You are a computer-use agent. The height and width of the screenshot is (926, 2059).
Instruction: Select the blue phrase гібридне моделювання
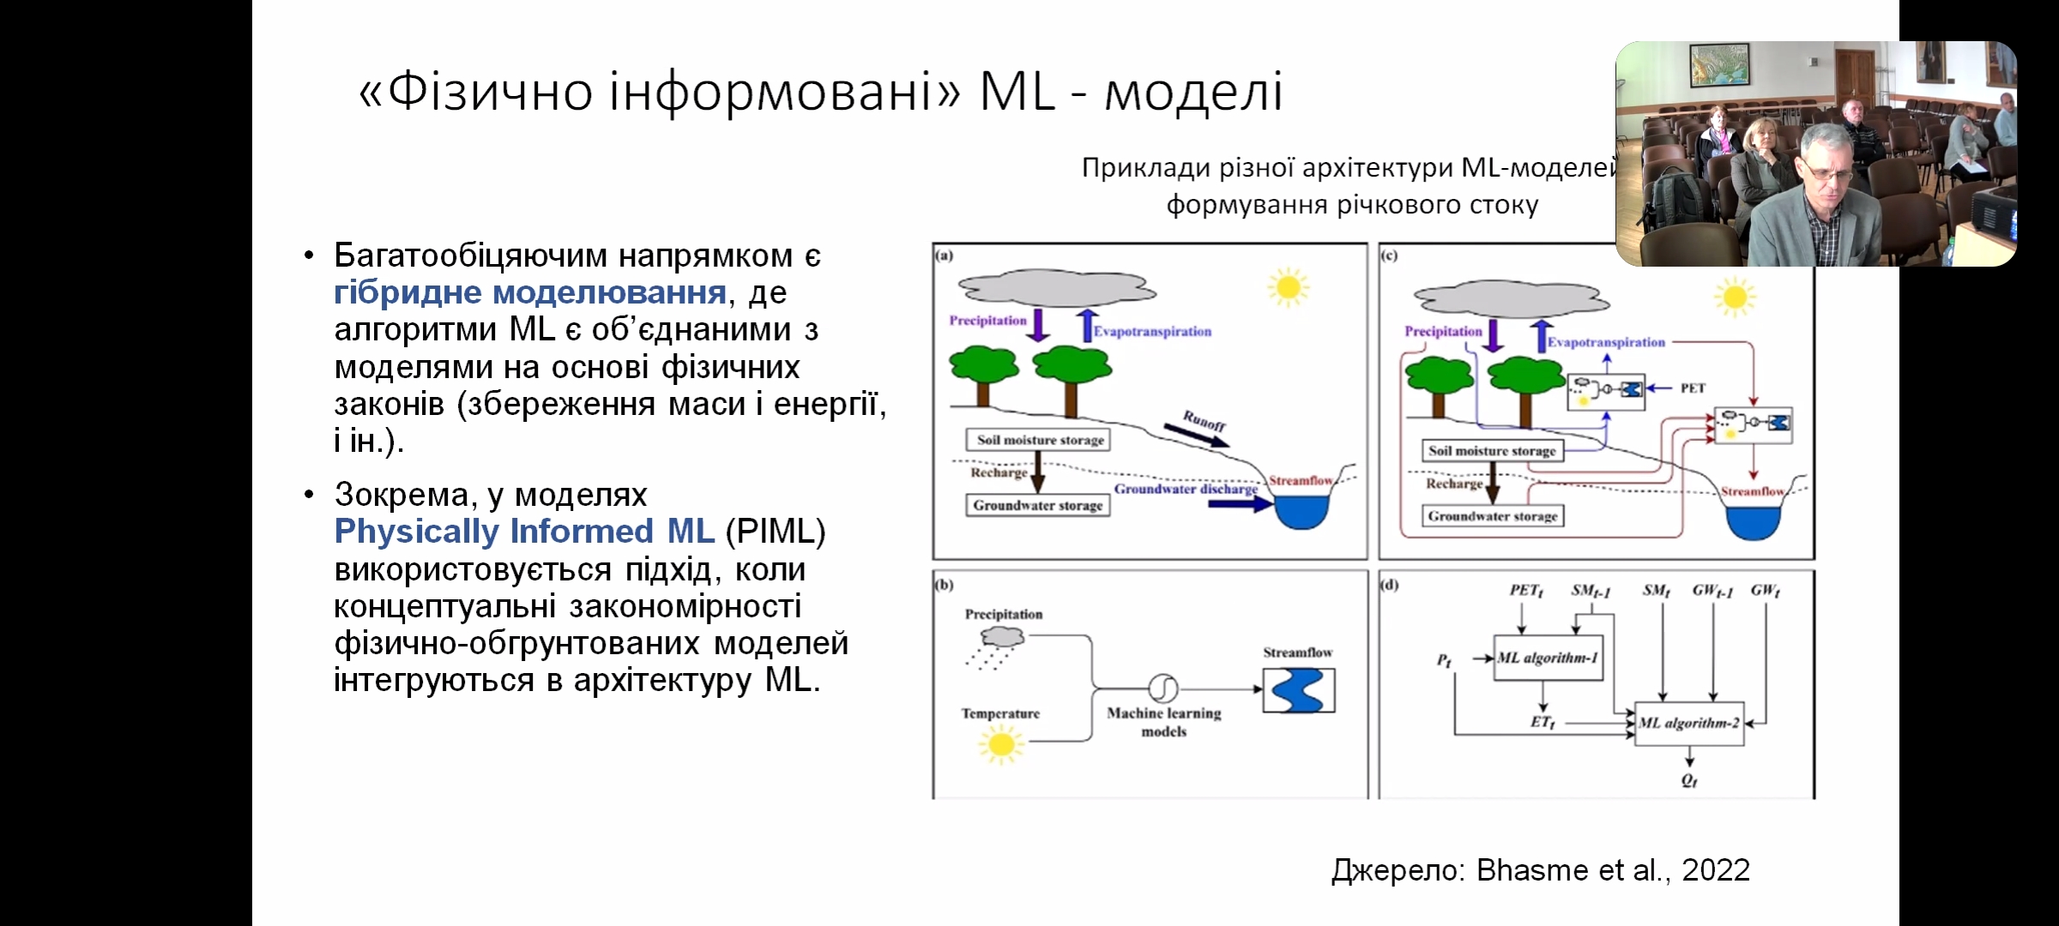click(x=529, y=292)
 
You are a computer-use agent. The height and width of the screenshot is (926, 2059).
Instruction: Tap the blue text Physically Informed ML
click(x=524, y=532)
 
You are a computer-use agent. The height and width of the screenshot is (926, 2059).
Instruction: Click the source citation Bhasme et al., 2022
click(x=1613, y=870)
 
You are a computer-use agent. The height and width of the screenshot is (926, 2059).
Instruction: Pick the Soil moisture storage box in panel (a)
click(x=1040, y=440)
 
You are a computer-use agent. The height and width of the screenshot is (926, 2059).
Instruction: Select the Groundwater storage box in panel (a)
click(x=1038, y=505)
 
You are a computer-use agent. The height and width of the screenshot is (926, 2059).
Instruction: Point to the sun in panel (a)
click(x=1288, y=287)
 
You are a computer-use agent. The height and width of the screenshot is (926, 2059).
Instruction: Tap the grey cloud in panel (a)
click(x=1056, y=288)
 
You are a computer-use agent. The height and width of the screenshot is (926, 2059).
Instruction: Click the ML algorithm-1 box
click(x=1548, y=658)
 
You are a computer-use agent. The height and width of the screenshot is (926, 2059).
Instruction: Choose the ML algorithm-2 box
click(x=1689, y=723)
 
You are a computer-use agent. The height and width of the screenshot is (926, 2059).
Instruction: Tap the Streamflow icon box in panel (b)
click(x=1298, y=690)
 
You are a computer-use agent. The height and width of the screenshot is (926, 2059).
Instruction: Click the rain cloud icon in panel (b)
click(x=1003, y=638)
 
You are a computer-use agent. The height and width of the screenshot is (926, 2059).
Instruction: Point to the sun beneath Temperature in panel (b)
click(x=1000, y=743)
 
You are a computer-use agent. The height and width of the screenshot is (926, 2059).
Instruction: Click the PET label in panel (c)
click(x=1692, y=388)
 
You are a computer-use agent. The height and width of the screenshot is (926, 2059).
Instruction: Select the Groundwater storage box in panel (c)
click(x=1493, y=516)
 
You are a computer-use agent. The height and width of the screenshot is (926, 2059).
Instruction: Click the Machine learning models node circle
click(x=1162, y=688)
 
